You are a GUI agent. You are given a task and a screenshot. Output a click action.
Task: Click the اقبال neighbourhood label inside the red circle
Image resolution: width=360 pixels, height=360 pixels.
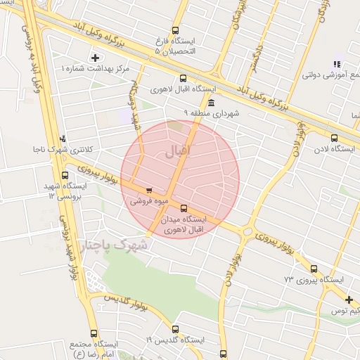coord(178,152)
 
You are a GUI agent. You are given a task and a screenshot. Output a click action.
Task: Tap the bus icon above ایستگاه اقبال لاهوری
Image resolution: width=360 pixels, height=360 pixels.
coord(183,79)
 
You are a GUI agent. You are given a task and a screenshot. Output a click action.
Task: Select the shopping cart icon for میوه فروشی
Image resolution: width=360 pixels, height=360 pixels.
coord(148,190)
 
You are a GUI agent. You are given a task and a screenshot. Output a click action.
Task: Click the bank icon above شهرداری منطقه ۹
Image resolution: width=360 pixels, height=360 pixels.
coord(212,103)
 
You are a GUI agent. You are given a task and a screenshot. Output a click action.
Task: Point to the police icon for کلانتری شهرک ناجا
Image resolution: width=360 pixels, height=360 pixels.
coord(64,139)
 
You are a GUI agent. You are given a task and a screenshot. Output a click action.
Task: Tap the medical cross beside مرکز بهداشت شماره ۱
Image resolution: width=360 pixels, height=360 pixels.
coord(96,57)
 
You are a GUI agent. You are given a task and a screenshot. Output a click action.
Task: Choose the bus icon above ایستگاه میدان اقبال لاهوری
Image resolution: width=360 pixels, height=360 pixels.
coord(184,207)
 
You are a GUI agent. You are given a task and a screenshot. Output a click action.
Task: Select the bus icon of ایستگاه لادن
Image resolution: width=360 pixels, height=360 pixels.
coord(334,138)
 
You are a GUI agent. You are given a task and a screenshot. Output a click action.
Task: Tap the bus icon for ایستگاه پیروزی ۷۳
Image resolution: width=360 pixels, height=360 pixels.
coord(314,268)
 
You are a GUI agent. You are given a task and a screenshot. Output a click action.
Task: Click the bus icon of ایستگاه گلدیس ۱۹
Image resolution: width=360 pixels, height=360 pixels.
coord(175,328)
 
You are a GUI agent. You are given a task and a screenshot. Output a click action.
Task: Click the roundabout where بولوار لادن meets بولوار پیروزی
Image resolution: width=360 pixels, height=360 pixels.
coord(246,230)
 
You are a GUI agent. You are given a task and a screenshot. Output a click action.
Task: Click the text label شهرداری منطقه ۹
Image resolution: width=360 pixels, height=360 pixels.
coord(212,112)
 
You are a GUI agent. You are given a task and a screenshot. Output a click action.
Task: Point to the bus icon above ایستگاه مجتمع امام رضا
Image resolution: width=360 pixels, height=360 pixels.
coord(96,333)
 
